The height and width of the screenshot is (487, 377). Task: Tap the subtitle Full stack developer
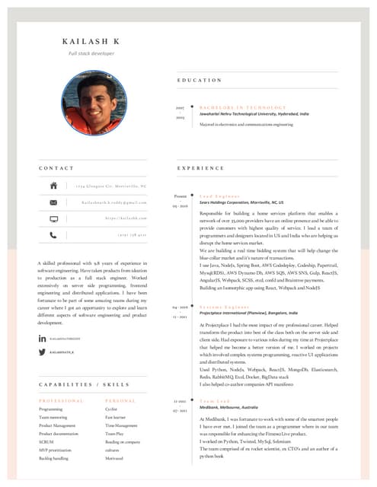pyautogui.click(x=91, y=55)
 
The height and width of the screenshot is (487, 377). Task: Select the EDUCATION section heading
pyautogui.click(x=200, y=80)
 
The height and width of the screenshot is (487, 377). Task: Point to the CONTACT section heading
pyautogui.click(x=56, y=167)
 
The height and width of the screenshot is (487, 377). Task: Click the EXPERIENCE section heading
pyautogui.click(x=201, y=167)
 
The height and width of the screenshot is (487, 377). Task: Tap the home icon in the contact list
pyautogui.click(x=53, y=185)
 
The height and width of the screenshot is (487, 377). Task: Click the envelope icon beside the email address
pyautogui.click(x=53, y=202)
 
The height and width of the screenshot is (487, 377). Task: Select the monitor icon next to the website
pyautogui.click(x=53, y=218)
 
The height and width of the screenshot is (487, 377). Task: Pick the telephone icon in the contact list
pyautogui.click(x=53, y=235)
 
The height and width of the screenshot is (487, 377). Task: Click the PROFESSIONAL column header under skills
pyautogui.click(x=61, y=400)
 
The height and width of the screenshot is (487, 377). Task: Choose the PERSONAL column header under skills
pyautogui.click(x=120, y=400)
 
